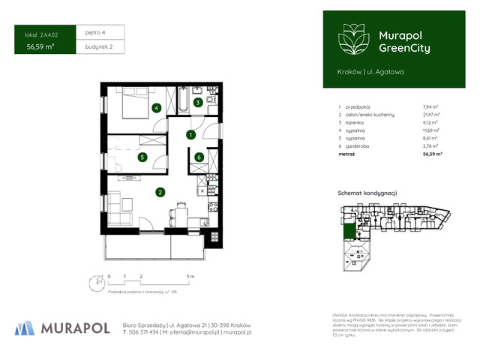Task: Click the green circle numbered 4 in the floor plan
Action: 156,108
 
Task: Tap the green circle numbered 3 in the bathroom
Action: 197,103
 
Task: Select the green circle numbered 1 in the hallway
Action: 191,135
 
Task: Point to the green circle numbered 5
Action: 142,157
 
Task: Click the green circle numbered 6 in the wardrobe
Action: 199,157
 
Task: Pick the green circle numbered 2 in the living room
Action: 160,192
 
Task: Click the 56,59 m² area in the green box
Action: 40,47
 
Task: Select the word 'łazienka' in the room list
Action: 356,122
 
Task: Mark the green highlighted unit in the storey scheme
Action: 348,231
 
